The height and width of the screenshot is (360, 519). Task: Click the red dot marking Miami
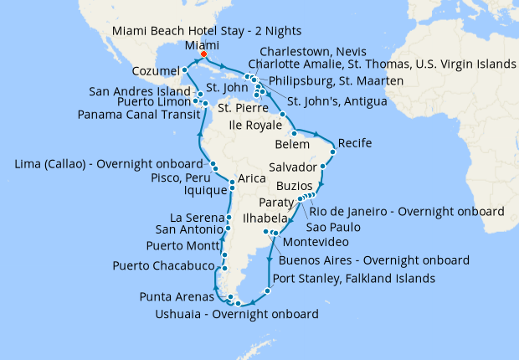(x=203, y=57)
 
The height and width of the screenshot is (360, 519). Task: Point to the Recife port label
(x=355, y=143)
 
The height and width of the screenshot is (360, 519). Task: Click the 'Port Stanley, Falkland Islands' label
(x=353, y=279)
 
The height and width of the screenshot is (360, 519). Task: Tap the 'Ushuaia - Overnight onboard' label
(x=238, y=315)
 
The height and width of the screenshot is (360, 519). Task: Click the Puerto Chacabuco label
(x=162, y=266)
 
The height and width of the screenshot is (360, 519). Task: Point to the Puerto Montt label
(x=178, y=246)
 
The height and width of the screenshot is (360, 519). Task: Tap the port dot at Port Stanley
(x=267, y=291)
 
